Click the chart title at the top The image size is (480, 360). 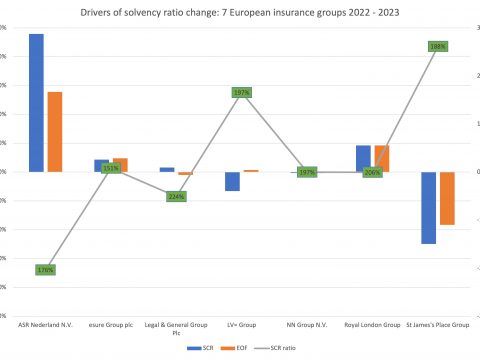[x=241, y=11]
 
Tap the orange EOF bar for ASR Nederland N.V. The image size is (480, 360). [x=56, y=131]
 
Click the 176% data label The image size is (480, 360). [x=45, y=270]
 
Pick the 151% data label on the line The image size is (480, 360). [x=111, y=168]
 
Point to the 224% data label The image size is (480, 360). [x=176, y=196]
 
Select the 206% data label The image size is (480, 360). [x=373, y=172]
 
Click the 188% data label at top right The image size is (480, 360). [x=438, y=46]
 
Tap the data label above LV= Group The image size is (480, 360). [x=241, y=92]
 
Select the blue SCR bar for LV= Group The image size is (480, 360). [x=232, y=181]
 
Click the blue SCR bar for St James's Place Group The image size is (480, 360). [x=428, y=207]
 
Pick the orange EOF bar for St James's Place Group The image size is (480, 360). [x=448, y=198]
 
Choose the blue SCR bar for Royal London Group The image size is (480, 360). [x=363, y=158]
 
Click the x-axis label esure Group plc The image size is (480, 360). [x=111, y=325]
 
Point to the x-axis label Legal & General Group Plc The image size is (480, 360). [x=176, y=329]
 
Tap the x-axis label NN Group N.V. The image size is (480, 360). [x=307, y=325]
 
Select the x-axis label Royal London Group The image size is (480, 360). [x=372, y=325]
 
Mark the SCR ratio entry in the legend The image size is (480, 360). [x=283, y=348]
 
